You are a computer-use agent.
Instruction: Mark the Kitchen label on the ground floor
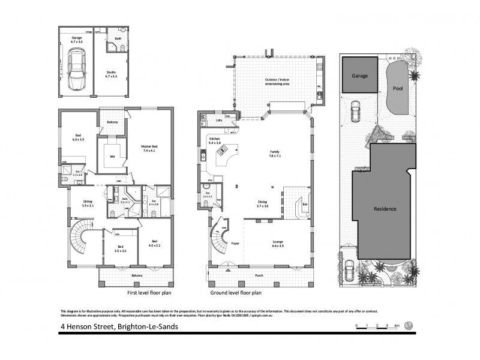point(215,139)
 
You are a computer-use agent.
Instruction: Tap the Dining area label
point(262,202)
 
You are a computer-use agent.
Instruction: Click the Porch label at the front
point(259,275)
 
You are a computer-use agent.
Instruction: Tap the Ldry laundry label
point(218,121)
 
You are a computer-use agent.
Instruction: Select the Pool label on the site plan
point(398,88)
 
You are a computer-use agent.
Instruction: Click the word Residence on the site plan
point(385,209)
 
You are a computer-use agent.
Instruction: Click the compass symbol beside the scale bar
point(409,326)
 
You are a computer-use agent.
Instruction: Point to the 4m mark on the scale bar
point(397,326)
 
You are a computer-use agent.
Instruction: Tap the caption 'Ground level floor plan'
point(236,294)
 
